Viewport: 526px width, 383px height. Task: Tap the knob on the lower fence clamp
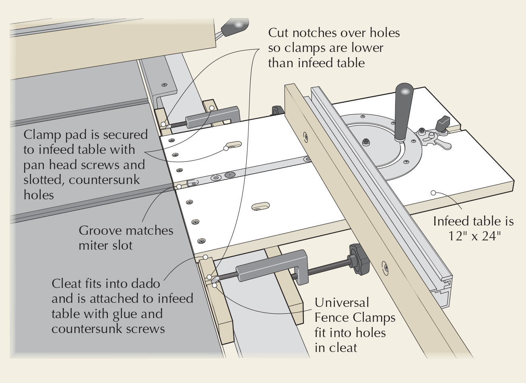359,260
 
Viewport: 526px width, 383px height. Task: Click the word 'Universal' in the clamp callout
336,302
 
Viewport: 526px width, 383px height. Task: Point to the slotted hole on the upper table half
233,144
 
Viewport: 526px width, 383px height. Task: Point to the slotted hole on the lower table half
261,207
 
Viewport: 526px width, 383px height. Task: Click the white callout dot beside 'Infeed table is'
433,193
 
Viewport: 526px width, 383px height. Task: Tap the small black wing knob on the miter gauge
443,121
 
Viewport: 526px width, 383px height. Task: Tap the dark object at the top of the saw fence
235,27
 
